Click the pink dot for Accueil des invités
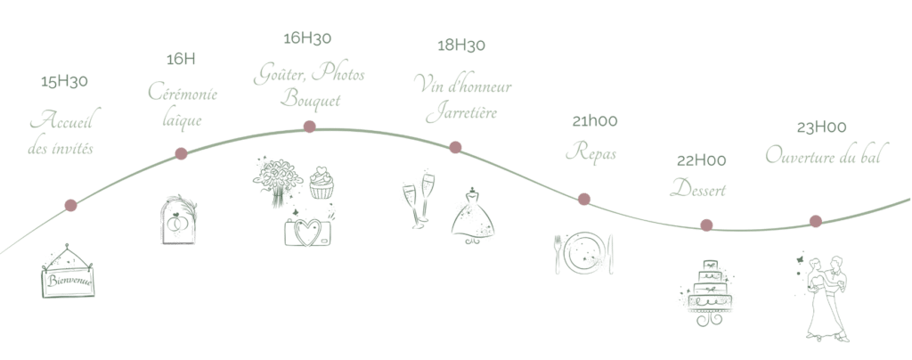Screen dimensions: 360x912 pyautogui.click(x=71, y=207)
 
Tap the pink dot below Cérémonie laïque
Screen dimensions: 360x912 pyautogui.click(x=181, y=154)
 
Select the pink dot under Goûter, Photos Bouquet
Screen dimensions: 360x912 pyautogui.click(x=309, y=127)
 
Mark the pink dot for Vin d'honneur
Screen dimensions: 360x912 pyautogui.click(x=455, y=147)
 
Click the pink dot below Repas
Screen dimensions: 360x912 pyautogui.click(x=584, y=199)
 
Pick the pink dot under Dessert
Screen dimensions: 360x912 pyautogui.click(x=706, y=225)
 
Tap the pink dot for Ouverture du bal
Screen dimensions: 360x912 pyautogui.click(x=815, y=221)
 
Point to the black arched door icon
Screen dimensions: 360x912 pyautogui.click(x=179, y=222)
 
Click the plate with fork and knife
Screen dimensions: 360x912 pyautogui.click(x=584, y=250)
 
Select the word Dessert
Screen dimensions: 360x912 pyautogui.click(x=699, y=190)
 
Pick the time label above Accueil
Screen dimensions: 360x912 pyautogui.click(x=65, y=83)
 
